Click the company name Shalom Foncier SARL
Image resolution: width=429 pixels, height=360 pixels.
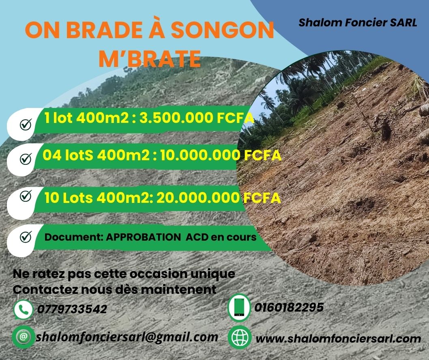coord(358,23)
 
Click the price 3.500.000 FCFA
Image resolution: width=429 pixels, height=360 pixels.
coord(197,118)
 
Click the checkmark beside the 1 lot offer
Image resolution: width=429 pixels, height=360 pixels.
coord(26,124)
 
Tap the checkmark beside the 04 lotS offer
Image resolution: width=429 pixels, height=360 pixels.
coord(26,159)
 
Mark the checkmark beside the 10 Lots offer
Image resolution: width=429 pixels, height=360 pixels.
coord(26,196)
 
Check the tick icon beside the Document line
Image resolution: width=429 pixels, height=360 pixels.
coord(26,237)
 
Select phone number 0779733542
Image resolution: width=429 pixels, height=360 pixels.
coord(72,309)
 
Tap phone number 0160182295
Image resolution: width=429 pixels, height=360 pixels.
coord(289,307)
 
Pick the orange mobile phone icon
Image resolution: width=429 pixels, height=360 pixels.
coord(239,307)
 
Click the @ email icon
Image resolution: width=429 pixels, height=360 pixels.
coord(23,337)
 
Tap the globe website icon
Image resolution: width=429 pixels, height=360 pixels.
coord(239,337)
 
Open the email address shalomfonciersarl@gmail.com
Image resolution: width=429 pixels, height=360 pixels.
coord(127,337)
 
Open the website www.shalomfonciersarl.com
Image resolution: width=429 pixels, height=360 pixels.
coord(339,338)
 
